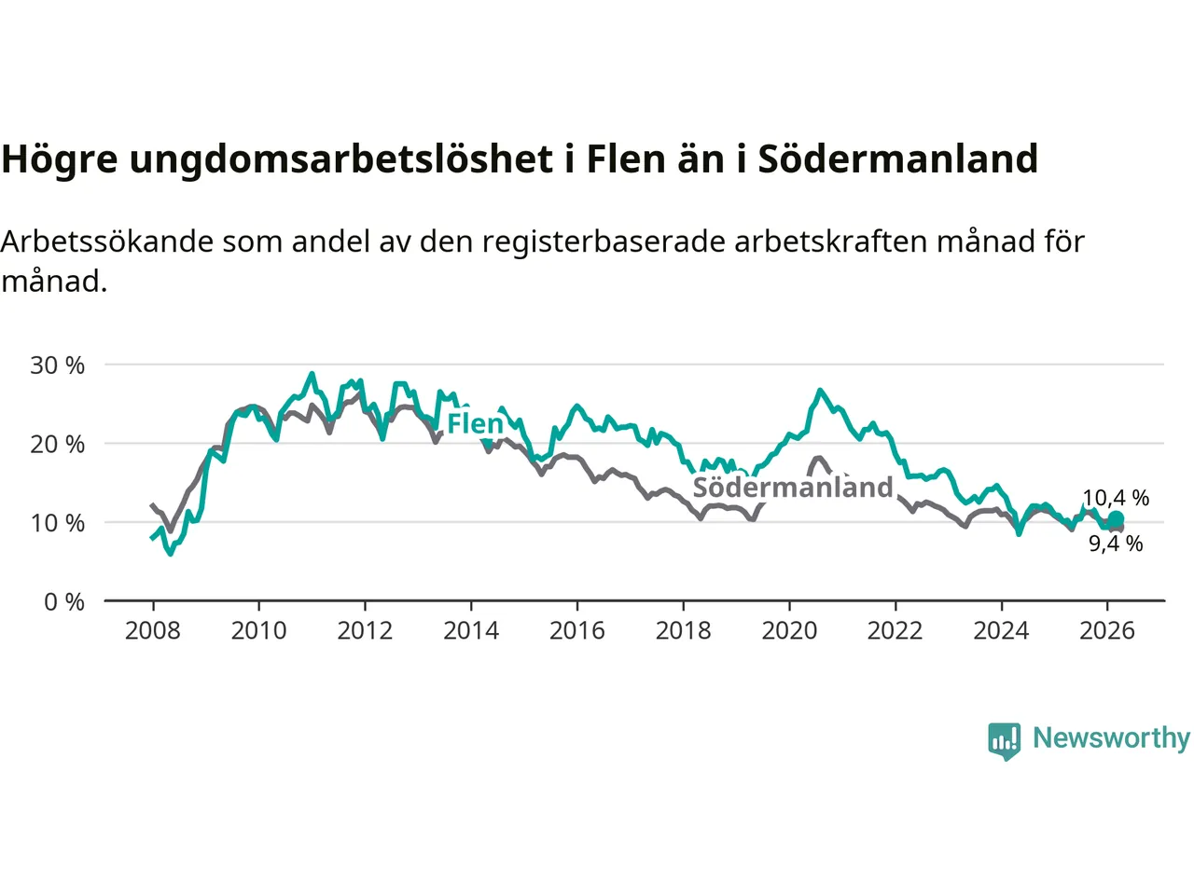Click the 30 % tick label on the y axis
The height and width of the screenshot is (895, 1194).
57,365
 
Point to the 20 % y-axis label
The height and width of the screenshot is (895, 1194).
57,444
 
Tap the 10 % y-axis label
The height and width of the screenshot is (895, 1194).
57,523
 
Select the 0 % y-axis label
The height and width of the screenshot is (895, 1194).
63,602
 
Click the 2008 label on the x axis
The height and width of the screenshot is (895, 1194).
153,631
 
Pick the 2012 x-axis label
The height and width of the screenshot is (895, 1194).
365,631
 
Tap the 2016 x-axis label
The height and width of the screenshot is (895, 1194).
577,631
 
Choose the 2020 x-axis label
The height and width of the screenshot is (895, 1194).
789,631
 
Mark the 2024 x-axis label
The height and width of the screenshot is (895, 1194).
1001,631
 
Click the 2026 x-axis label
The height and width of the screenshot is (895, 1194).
1107,631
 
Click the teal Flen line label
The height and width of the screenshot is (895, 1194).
475,424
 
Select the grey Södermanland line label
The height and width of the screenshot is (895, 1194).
793,488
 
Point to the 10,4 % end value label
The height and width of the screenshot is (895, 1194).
1116,498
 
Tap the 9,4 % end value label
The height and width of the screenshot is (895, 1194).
1116,544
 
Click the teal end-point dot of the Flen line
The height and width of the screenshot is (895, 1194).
1116,519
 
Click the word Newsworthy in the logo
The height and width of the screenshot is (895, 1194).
1111,738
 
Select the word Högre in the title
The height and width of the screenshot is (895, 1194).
60,159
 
